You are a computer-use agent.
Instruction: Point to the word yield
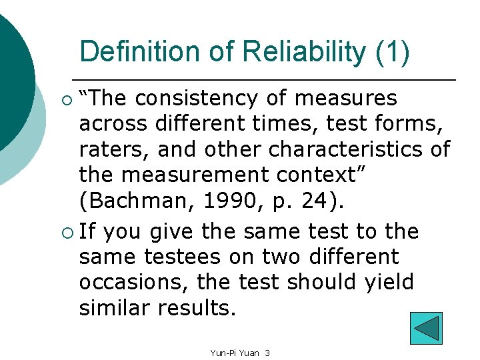coord(389,282)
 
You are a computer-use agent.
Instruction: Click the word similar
coord(115,307)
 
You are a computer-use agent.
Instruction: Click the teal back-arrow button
coord(426,328)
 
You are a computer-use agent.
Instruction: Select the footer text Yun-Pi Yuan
coord(233,352)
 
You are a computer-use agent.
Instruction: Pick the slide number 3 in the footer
coord(267,352)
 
